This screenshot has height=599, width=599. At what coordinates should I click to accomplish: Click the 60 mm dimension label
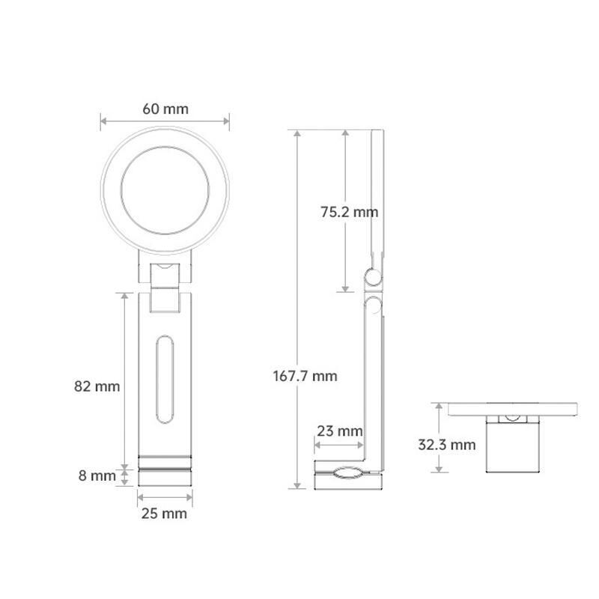tap(165, 109)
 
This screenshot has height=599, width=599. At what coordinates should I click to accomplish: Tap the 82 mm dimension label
tap(97, 386)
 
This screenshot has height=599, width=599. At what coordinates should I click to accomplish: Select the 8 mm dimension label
tap(97, 475)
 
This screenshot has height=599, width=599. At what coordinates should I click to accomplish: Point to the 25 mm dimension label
tap(164, 514)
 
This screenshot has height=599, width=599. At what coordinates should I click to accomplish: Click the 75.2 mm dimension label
tap(349, 212)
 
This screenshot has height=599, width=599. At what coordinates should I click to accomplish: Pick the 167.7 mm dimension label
tap(305, 377)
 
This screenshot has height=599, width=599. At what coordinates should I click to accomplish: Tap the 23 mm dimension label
tap(340, 431)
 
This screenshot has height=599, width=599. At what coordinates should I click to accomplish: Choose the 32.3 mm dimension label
tap(446, 445)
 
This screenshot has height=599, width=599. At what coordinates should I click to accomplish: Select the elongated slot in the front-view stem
tap(165, 380)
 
